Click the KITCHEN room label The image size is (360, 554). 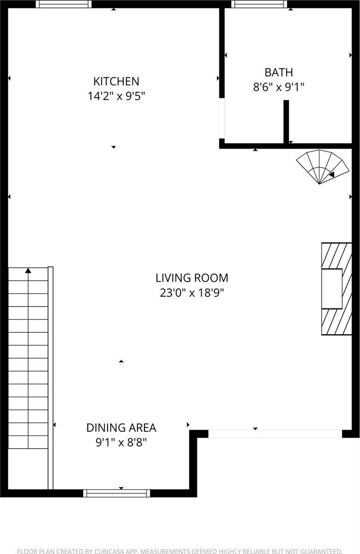pyautogui.click(x=116, y=81)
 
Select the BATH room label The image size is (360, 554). pyautogui.click(x=278, y=72)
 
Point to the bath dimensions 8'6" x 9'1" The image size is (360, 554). pyautogui.click(x=278, y=87)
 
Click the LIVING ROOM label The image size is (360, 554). pyautogui.click(x=192, y=278)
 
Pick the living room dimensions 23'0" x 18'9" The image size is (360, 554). pyautogui.click(x=192, y=293)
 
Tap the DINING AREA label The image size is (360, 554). pyautogui.click(x=121, y=428)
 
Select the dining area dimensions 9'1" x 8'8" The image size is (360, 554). pyautogui.click(x=121, y=442)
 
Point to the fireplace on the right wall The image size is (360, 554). pyautogui.click(x=336, y=289)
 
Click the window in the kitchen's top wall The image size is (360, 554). pyautogui.click(x=64, y=4)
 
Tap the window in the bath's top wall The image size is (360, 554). pyautogui.click(x=259, y=4)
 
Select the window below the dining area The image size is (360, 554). pyautogui.click(x=117, y=493)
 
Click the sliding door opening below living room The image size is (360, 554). pyautogui.click(x=275, y=434)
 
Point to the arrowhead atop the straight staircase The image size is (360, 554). pyautogui.click(x=28, y=271)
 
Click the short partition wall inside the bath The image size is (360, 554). pyautogui.click(x=286, y=122)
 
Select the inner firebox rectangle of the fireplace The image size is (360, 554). pyautogui.click(x=332, y=289)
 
